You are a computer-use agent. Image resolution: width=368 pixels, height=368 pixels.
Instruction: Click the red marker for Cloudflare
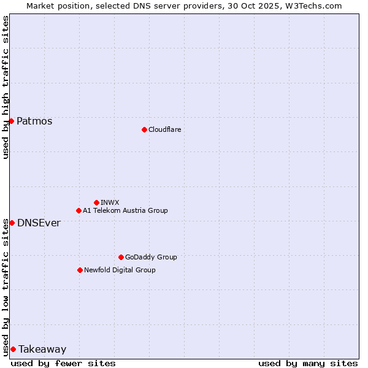(x=144, y=129)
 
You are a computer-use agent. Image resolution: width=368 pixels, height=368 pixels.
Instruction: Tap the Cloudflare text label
(x=164, y=129)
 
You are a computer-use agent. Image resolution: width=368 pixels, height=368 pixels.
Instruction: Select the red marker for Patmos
(x=11, y=121)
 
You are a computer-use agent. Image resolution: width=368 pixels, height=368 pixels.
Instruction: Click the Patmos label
(x=34, y=121)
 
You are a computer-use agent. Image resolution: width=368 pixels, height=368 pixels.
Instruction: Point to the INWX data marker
(x=96, y=202)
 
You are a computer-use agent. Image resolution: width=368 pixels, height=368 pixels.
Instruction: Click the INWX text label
(x=110, y=202)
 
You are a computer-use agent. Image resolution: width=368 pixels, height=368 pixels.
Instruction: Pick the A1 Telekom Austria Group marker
(x=79, y=210)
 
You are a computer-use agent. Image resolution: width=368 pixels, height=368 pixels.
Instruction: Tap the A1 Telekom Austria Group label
(x=125, y=210)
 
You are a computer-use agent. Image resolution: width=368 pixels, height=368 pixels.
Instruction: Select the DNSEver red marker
(x=12, y=223)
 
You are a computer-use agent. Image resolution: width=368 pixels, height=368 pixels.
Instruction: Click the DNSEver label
(x=39, y=223)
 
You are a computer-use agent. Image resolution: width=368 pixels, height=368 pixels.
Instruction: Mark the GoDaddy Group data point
(x=121, y=257)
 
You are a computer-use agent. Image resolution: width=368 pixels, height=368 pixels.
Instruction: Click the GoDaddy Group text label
(x=151, y=257)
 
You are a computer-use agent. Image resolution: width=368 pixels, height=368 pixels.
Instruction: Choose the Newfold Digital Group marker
(x=80, y=270)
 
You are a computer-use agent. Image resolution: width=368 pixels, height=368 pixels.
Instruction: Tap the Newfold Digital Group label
(x=120, y=270)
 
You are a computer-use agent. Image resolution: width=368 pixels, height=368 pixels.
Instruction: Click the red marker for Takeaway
(x=13, y=349)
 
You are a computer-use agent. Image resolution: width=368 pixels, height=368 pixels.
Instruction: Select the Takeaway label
(x=42, y=349)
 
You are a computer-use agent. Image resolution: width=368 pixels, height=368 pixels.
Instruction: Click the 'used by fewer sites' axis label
(x=63, y=363)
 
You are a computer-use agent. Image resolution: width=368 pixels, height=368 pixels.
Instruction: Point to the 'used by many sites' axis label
(x=308, y=363)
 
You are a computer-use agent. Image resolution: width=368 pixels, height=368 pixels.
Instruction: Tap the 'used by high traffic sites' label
(x=6, y=88)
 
